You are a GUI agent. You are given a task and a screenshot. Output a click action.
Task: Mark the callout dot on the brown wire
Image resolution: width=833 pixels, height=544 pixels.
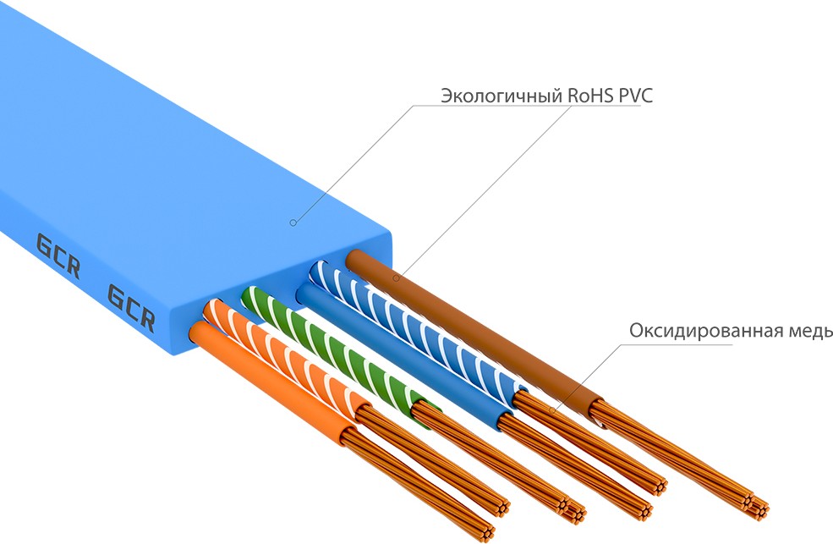396,277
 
